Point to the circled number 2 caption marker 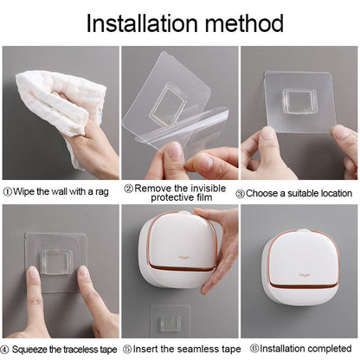coord(128,187)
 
